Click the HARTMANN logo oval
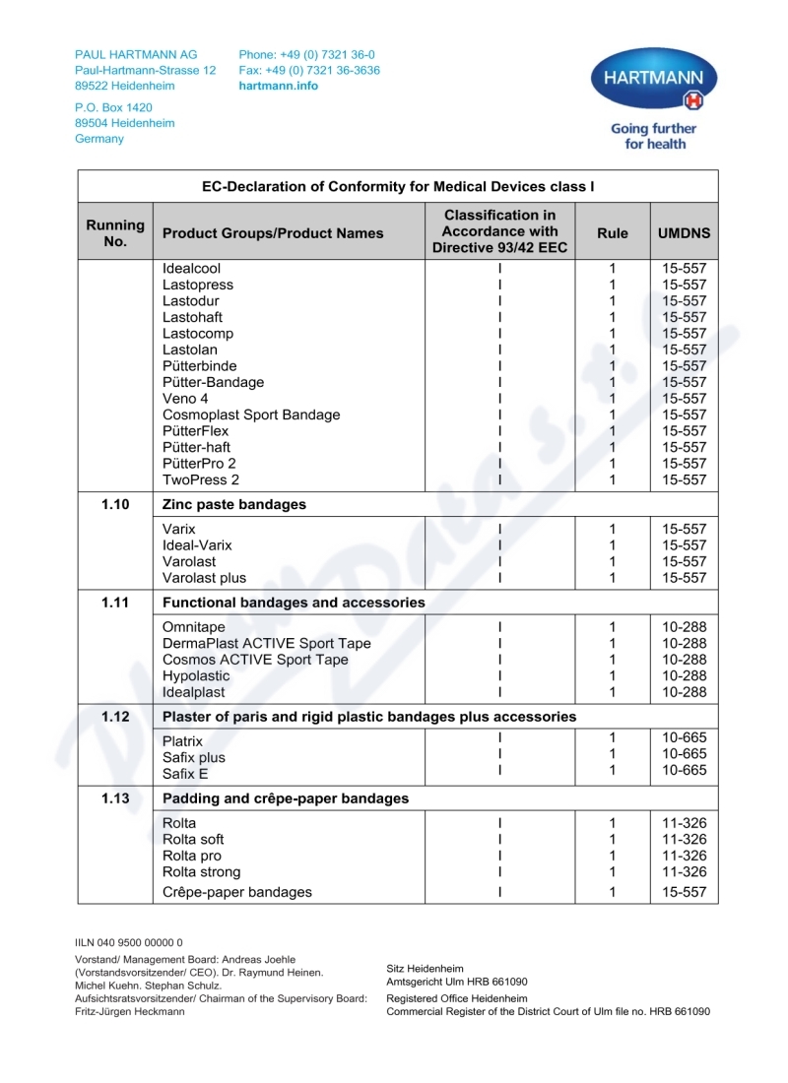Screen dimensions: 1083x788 coord(653,79)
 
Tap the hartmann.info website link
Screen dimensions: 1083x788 coord(279,86)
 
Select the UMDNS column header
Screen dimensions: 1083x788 coord(684,233)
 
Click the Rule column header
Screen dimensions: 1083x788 coord(612,233)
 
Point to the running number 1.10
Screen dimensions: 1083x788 coord(115,504)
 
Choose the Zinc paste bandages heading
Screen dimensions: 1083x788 coord(233,504)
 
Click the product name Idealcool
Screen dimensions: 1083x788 coord(191,268)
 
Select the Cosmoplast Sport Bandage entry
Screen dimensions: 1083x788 coord(251,414)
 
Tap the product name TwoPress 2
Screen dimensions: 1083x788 coord(201,479)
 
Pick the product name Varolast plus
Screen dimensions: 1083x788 coord(204,578)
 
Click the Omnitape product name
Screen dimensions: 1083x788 coord(193,627)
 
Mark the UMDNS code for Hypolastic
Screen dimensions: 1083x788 coord(684,676)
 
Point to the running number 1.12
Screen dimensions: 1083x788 coord(115,716)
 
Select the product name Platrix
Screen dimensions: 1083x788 coord(182,741)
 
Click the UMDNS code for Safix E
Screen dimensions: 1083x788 coord(684,770)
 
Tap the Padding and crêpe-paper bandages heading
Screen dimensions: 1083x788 coord(285,798)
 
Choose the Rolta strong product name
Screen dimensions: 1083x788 coord(201,872)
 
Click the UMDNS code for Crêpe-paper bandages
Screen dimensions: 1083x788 coord(684,893)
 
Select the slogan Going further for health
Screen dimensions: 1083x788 coord(653,136)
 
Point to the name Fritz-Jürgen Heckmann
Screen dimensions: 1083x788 coord(130,1012)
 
